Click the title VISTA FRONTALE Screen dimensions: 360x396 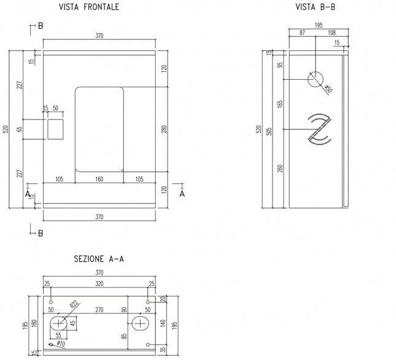point(89,7)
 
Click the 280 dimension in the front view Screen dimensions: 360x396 point(163,129)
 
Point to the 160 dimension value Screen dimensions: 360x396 point(99,178)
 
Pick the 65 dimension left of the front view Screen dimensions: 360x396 point(19,129)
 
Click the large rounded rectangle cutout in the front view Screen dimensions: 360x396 point(99,128)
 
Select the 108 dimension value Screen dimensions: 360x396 point(332,32)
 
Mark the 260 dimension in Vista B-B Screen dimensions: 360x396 point(281,168)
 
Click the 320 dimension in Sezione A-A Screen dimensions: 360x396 point(99,284)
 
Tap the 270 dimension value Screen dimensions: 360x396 point(99,310)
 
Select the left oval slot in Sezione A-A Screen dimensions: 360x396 point(60,323)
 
